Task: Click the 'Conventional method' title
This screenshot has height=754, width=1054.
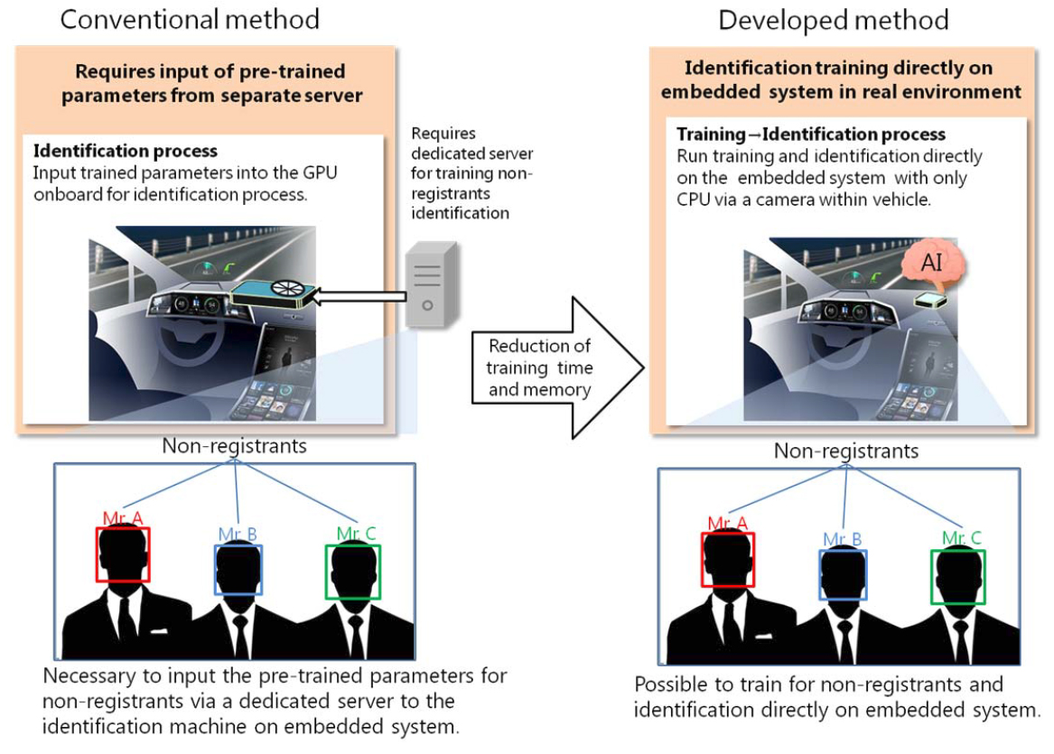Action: pyautogui.click(x=189, y=18)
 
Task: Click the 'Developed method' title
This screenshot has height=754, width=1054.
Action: pyautogui.click(x=833, y=19)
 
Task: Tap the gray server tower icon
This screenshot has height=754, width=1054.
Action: pyautogui.click(x=431, y=285)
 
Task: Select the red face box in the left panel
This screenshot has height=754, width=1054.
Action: pyautogui.click(x=123, y=554)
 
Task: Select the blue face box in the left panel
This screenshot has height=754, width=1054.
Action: pyautogui.click(x=238, y=569)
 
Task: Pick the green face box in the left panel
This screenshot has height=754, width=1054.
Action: pyautogui.click(x=353, y=572)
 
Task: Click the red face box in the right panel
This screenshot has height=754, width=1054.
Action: pyautogui.click(x=728, y=561)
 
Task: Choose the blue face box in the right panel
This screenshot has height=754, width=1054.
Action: pyautogui.click(x=843, y=574)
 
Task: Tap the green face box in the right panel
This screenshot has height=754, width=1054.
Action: pyautogui.click(x=958, y=577)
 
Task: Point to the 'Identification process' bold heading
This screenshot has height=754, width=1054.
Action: pyautogui.click(x=126, y=151)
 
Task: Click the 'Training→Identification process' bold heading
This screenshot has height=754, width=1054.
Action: pyautogui.click(x=811, y=135)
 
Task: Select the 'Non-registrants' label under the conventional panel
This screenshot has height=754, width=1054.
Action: pyautogui.click(x=234, y=445)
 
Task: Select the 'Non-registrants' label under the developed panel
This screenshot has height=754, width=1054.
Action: pyautogui.click(x=846, y=451)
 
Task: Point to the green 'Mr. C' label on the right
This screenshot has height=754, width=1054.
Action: pyautogui.click(x=962, y=538)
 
